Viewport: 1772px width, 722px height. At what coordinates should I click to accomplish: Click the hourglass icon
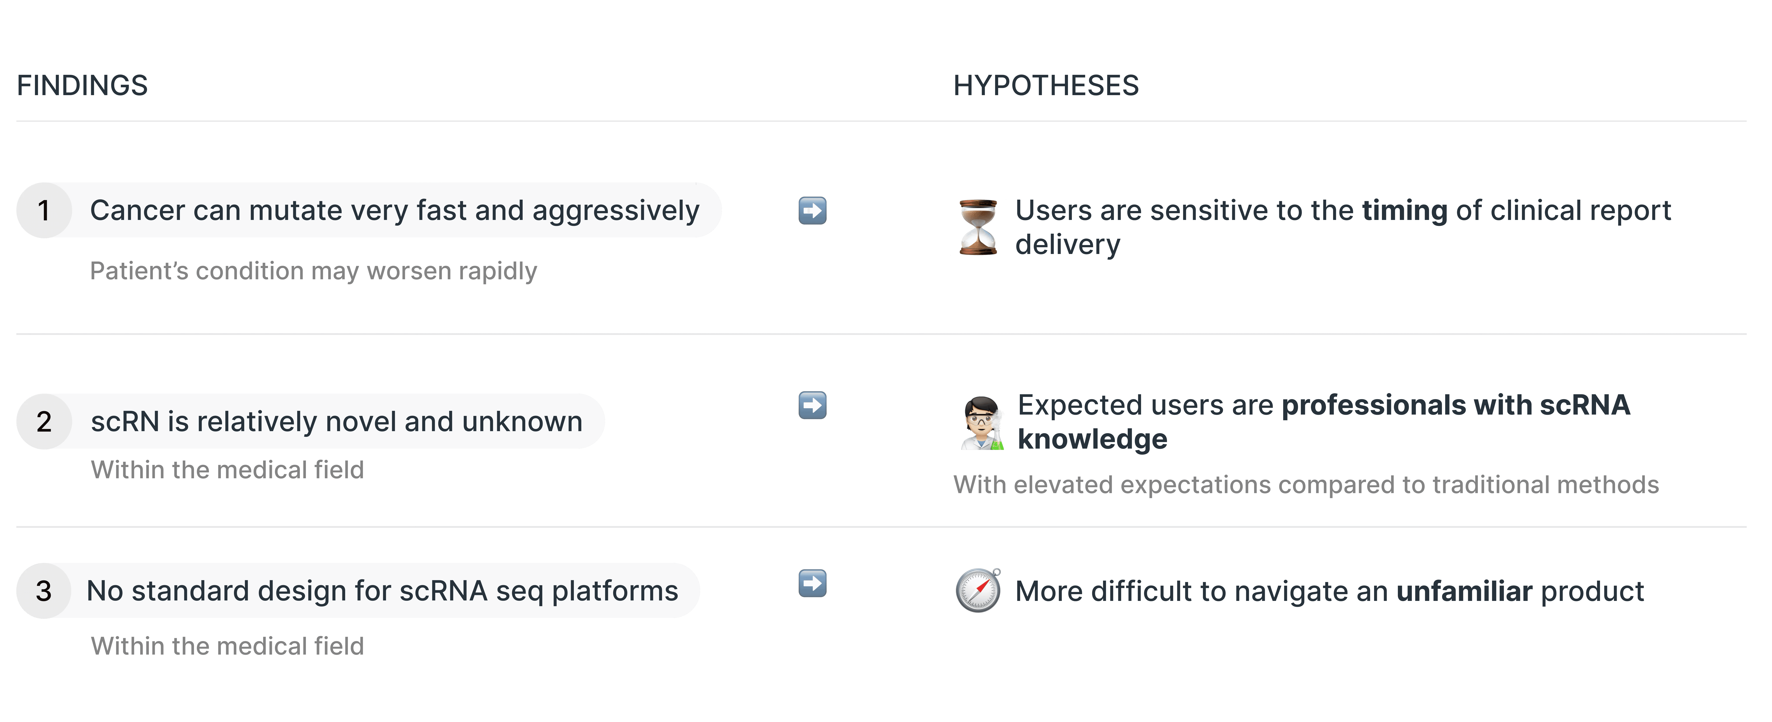pyautogui.click(x=978, y=227)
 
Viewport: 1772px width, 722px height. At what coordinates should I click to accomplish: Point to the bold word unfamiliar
pyautogui.click(x=1464, y=591)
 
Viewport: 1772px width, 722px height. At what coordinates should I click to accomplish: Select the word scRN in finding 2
pyautogui.click(x=125, y=421)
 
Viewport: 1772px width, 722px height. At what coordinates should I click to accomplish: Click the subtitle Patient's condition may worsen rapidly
pyautogui.click(x=313, y=271)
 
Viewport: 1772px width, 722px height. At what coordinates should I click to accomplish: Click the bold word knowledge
pyautogui.click(x=1092, y=439)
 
